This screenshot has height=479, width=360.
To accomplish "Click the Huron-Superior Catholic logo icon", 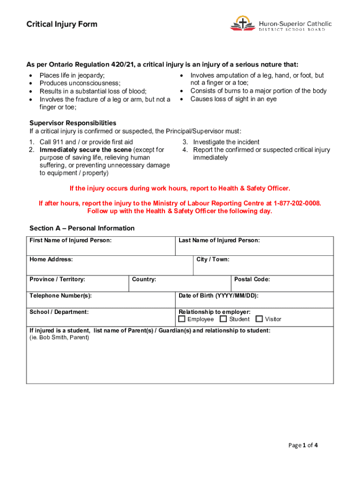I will [242, 23].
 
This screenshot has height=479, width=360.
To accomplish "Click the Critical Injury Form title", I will [62, 24].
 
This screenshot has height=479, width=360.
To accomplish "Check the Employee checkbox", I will [182, 319].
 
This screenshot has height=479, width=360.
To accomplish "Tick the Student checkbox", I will [223, 319].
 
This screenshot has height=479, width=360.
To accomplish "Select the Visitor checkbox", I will [259, 319].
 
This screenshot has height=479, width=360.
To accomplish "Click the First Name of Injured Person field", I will [101, 248].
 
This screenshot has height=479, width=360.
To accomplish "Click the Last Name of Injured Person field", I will [254, 248].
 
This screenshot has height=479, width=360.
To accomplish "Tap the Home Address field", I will [109, 268].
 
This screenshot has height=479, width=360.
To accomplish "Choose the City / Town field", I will [263, 268].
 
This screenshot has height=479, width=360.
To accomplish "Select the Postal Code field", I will [282, 286].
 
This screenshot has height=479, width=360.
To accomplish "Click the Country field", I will [180, 286].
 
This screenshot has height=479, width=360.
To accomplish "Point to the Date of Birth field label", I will [218, 296].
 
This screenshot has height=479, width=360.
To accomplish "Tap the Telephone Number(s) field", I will [101, 302].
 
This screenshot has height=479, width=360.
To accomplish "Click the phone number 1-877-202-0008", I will [297, 203].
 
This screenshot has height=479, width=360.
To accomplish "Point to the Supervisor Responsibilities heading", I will [73, 123].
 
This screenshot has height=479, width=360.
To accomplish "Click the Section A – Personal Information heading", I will [82, 228].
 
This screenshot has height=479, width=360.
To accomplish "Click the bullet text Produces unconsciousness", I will [80, 83].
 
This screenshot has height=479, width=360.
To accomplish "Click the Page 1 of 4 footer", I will [303, 445].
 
